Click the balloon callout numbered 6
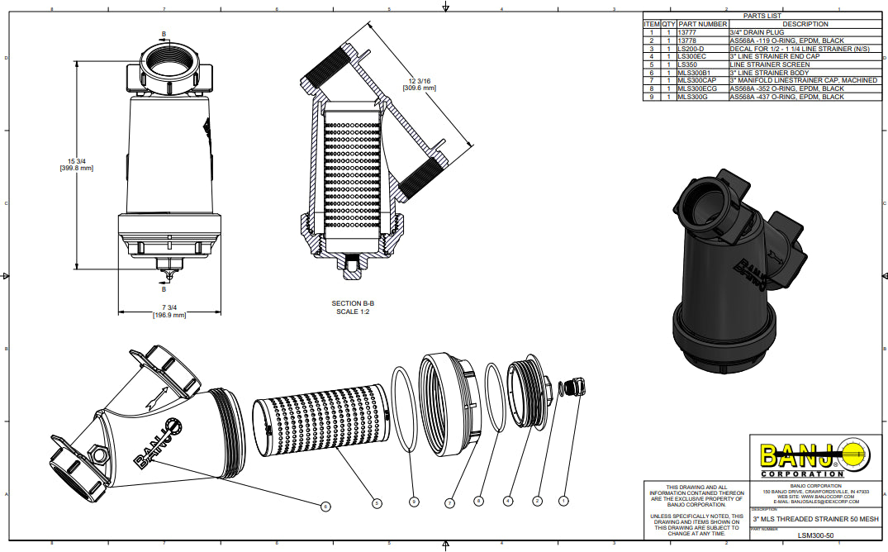(325, 506)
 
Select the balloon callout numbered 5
(377, 502)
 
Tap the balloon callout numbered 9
(415, 502)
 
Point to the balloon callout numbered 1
(564, 500)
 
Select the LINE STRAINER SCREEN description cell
(758, 64)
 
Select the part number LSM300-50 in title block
(815, 535)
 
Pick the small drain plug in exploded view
(569, 388)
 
